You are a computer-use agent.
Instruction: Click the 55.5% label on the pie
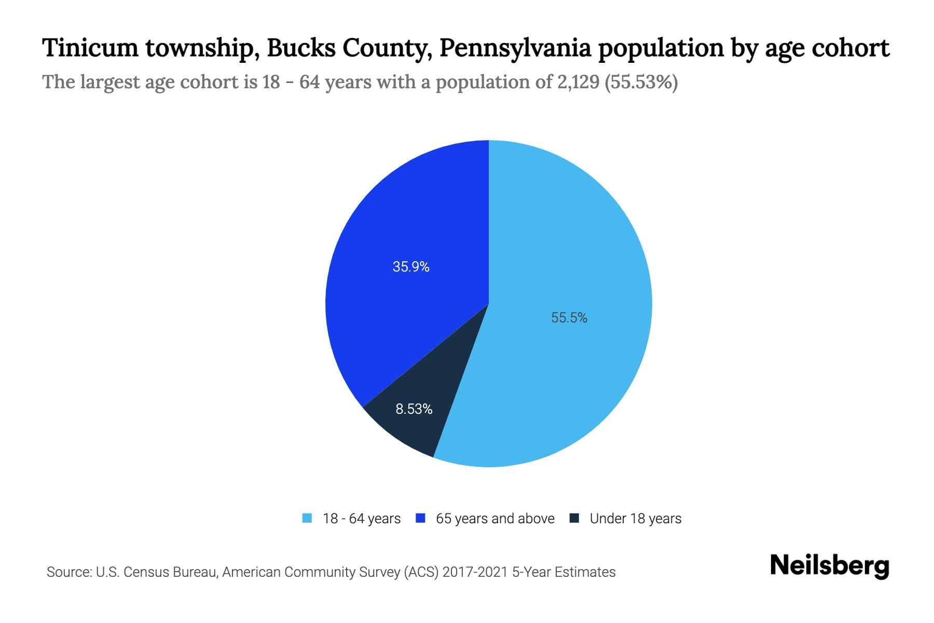569,318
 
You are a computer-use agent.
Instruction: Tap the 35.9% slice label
411,267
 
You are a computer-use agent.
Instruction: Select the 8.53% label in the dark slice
414,409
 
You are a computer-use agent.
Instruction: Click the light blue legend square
307,518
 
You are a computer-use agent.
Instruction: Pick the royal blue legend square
421,518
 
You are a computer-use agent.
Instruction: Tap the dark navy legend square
574,518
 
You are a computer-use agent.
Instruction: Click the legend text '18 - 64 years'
362,519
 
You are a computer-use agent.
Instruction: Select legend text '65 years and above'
495,519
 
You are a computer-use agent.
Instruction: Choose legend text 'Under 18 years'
635,519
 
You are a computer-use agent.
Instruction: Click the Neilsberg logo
829,566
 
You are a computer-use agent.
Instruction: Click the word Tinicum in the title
90,48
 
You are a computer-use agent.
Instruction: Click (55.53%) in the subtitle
641,82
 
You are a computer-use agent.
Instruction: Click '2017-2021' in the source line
475,572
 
